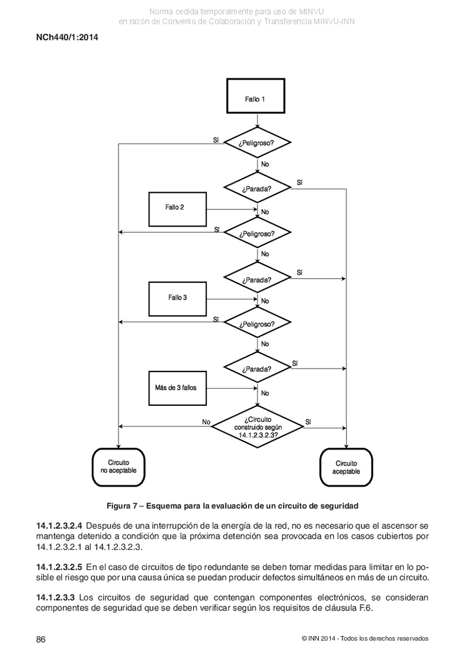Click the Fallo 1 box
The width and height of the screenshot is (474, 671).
point(255,96)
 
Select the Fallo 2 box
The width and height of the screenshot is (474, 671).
point(177,209)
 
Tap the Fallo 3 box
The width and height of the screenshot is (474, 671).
point(177,298)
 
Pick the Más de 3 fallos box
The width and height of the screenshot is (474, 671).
point(177,388)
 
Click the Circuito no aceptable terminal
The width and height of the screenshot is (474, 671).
point(118,467)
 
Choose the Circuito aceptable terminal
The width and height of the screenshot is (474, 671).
point(346,468)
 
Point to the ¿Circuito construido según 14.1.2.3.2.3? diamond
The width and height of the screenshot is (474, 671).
point(257,427)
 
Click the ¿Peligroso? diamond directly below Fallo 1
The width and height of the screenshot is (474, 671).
point(257,143)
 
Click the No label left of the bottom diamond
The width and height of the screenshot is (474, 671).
point(206,422)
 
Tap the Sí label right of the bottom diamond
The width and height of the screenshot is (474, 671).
point(308,422)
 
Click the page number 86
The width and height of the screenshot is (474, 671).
point(41,640)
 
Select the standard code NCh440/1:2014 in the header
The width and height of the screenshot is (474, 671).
point(67,37)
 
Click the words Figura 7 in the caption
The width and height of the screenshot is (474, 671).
point(119,506)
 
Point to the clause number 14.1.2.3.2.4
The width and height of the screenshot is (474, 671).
point(59,526)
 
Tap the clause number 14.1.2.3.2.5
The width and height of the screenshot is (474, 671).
point(59,567)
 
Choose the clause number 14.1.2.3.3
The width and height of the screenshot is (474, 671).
point(56,597)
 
